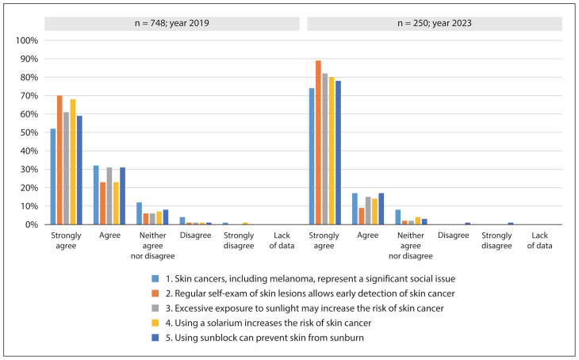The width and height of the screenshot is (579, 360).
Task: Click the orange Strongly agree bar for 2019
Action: click(59, 160)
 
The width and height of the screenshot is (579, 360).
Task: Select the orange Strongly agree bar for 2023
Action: click(318, 143)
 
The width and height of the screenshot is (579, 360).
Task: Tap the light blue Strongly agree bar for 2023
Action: click(312, 156)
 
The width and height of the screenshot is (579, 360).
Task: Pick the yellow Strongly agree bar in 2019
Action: click(73, 162)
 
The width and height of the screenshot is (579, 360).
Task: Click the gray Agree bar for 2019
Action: click(109, 196)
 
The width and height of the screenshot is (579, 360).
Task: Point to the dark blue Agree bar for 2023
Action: click(382, 209)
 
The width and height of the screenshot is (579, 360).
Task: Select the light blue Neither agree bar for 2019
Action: click(140, 213)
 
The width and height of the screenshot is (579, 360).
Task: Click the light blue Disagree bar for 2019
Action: click(182, 220)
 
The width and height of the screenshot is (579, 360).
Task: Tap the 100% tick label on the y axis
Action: click(27, 40)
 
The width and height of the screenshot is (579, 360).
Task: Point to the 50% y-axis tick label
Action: click(29, 132)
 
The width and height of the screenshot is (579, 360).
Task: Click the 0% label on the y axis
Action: click(32, 224)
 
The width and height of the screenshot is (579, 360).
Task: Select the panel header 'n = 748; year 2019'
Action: click(171, 23)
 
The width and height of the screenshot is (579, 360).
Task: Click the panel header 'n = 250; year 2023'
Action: click(435, 23)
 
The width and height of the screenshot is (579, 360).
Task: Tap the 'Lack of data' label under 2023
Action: click(539, 240)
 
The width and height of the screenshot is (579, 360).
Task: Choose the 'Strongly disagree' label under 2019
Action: click(239, 240)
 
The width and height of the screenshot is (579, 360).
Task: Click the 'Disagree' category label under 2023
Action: click(454, 236)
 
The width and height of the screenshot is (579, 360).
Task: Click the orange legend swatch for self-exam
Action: click(155, 293)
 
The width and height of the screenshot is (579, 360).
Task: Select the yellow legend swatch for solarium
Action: click(155, 323)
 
